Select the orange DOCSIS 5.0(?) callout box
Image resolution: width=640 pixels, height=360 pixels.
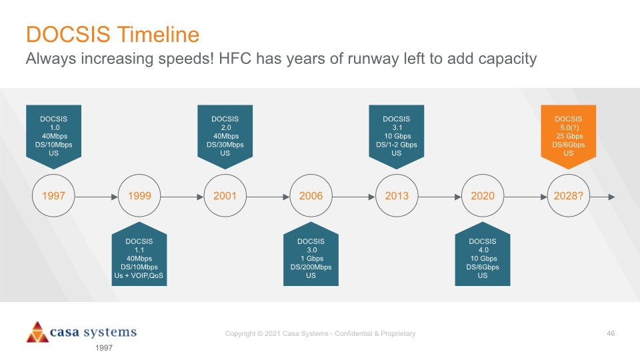[569, 136]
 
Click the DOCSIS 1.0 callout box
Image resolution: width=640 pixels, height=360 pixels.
[53, 136]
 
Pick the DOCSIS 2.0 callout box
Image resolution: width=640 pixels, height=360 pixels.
[225, 136]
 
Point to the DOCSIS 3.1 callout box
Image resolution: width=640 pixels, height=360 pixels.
[397, 136]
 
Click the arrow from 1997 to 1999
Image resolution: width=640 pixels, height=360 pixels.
[96, 197]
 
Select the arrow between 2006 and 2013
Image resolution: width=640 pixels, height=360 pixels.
[354, 197]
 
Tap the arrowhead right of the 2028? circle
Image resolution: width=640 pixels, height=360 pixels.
[611, 197]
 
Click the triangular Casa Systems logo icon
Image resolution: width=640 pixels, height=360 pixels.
[37, 332]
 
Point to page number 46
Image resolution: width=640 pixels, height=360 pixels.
[611, 333]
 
